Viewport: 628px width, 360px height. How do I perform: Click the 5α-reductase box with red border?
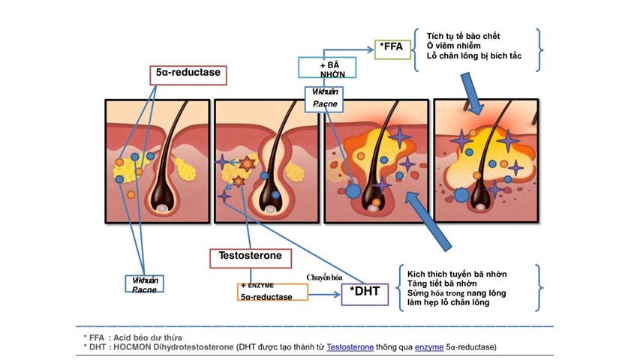(x=189, y=75)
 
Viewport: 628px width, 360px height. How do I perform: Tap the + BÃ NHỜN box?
(x=327, y=67)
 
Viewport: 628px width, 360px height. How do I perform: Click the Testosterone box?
(x=250, y=257)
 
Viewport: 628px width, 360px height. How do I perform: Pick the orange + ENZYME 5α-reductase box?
(x=273, y=292)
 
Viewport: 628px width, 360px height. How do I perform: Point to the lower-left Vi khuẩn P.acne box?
(x=144, y=283)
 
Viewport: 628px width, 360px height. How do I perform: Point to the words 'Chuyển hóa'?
(x=323, y=277)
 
